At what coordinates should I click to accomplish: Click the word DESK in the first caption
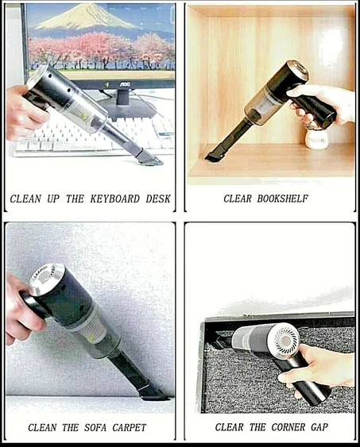click(156, 198)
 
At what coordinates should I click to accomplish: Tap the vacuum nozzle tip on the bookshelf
click(213, 156)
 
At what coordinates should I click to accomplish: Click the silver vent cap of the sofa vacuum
click(47, 279)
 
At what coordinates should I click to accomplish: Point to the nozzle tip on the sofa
click(151, 392)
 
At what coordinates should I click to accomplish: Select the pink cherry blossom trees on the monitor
click(103, 49)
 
